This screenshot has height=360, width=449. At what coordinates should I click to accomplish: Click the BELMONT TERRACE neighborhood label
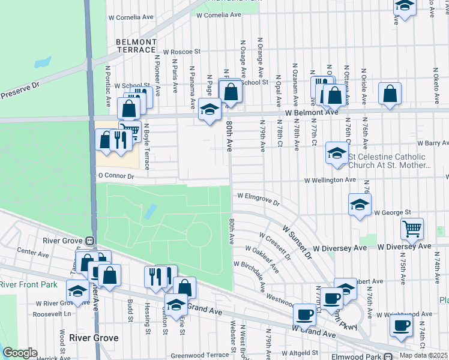click(136, 46)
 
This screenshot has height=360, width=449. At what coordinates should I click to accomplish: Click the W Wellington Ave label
click(330, 179)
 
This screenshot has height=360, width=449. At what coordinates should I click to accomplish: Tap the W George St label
click(392, 212)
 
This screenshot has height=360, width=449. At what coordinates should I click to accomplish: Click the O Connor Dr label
click(115, 176)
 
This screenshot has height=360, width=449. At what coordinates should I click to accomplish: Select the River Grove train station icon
click(89, 241)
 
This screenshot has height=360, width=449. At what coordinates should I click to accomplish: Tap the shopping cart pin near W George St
click(412, 228)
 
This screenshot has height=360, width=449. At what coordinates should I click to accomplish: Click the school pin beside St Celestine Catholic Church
click(337, 152)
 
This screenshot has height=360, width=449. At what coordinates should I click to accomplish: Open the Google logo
click(20, 353)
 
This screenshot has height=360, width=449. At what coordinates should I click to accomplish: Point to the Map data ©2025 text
click(423, 355)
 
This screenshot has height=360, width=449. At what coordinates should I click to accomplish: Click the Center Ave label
click(32, 254)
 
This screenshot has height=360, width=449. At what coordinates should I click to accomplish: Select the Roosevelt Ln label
click(52, 313)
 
